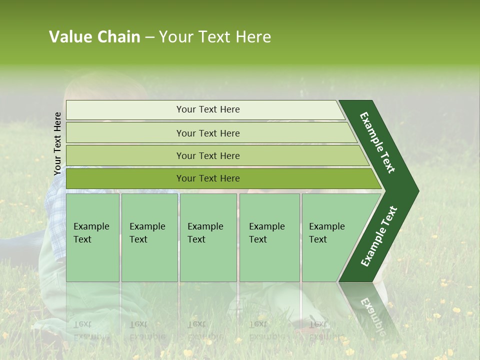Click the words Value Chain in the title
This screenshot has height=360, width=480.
(x=94, y=37)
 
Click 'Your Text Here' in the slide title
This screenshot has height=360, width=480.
(x=215, y=37)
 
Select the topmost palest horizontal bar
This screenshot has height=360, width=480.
(x=125, y=110)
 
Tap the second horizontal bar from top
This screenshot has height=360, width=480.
(x=125, y=133)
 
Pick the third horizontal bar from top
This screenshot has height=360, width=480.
(x=125, y=156)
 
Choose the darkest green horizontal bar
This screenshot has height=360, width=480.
(x=125, y=178)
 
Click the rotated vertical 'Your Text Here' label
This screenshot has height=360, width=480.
(x=57, y=143)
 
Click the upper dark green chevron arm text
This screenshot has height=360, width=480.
(x=377, y=142)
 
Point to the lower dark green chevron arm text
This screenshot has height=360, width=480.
(x=379, y=236)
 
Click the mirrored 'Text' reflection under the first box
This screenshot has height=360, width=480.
(x=82, y=324)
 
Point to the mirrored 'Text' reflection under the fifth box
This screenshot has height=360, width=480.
(x=318, y=324)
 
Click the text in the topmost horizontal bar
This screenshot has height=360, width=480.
(x=208, y=109)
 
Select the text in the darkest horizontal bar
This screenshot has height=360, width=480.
(x=208, y=178)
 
